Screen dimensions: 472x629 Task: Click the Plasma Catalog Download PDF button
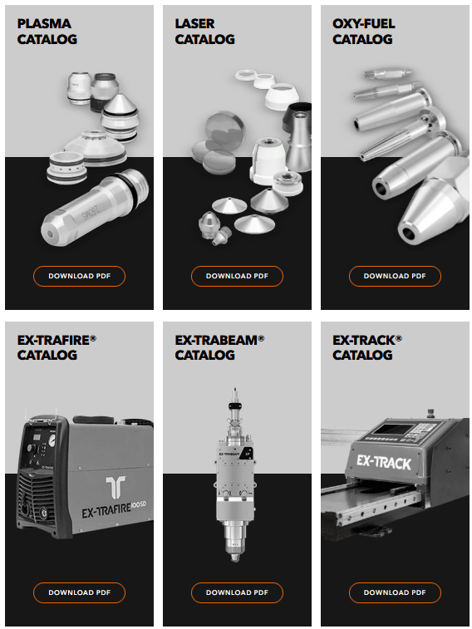(x=79, y=276)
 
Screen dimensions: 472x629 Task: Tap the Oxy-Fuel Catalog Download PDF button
(x=395, y=276)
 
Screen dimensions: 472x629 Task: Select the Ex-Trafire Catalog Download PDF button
(x=79, y=592)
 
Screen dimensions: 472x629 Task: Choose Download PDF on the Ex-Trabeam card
(x=237, y=592)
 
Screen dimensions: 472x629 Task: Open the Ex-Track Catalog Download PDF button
(x=395, y=592)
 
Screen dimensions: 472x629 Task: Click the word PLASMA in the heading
(x=44, y=23)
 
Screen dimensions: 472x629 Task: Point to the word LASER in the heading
(x=194, y=23)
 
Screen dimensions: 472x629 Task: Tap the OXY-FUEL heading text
(x=363, y=23)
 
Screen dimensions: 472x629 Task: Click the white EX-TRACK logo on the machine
(x=384, y=462)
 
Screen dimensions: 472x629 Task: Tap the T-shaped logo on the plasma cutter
(x=116, y=488)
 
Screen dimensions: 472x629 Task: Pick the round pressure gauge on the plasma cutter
(x=52, y=442)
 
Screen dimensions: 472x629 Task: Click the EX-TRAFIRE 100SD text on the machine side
(x=114, y=509)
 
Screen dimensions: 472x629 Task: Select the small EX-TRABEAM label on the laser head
(x=229, y=454)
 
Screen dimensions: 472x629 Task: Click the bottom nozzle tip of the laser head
(x=235, y=558)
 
